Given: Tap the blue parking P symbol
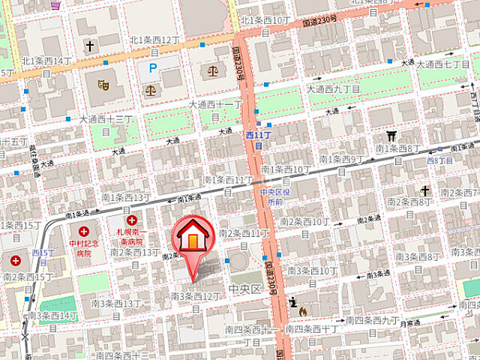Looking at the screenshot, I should pos(153,68).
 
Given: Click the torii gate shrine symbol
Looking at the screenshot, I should pos(391,136).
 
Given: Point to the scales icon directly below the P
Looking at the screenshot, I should pos(153,90).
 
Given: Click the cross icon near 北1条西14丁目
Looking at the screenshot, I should pos(89,46).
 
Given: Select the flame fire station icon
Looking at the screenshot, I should pos(302,308).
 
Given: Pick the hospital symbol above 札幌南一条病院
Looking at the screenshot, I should pos(133,220).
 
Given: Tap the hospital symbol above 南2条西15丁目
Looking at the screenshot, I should pos(16,261).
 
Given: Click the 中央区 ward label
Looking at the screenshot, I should pos(244,288).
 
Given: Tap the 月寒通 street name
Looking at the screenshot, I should pos(409,323).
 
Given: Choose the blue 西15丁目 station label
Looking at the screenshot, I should pos(43,252).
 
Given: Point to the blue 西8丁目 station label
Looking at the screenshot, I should pos(441,160).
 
